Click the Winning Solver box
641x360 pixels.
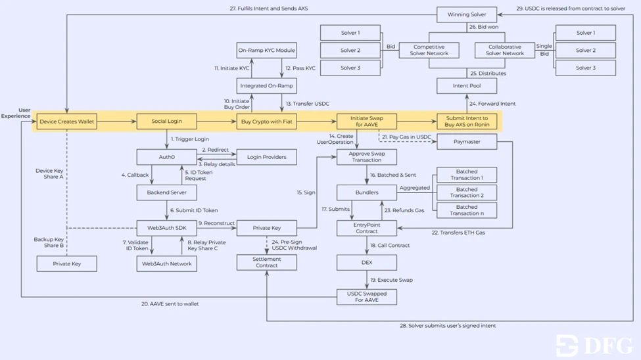pyautogui.click(x=467, y=14)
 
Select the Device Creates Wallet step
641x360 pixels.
pyautogui.click(x=66, y=122)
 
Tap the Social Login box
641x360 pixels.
pyautogui.click(x=166, y=122)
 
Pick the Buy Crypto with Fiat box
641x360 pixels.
pyautogui.click(x=266, y=122)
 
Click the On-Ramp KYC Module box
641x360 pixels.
pyautogui.click(x=266, y=50)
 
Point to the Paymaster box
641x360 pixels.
pyautogui.click(x=467, y=142)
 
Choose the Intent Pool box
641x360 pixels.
pyautogui.click(x=467, y=86)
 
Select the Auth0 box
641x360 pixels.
pyautogui.click(x=166, y=157)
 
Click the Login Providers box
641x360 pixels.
pyautogui.click(x=266, y=157)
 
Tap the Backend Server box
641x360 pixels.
pyautogui.click(x=166, y=192)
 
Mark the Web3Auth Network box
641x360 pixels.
pyautogui.click(x=166, y=263)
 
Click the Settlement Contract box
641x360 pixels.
pyautogui.click(x=266, y=263)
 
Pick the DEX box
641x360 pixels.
pyautogui.click(x=367, y=263)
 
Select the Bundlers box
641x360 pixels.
pyautogui.click(x=367, y=192)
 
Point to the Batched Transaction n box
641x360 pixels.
pyautogui.click(x=467, y=210)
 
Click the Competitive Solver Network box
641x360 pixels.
pyautogui.click(x=429, y=50)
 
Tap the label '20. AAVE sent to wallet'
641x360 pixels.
pyautogui.click(x=170, y=304)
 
